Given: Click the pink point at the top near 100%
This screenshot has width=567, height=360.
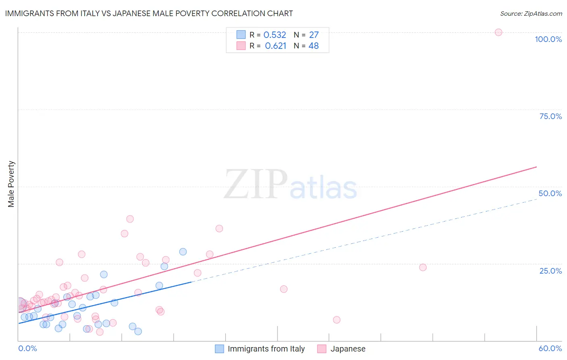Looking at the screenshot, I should click(x=498, y=32).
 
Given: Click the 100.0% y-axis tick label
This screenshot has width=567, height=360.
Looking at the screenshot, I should click(x=548, y=39).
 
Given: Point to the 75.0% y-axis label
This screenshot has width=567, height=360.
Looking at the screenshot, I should click(x=550, y=116).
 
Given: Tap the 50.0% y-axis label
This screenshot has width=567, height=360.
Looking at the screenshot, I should click(x=550, y=193).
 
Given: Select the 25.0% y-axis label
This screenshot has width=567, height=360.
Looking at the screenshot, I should click(x=550, y=271).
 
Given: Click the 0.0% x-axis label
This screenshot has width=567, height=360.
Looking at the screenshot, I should click(x=28, y=348).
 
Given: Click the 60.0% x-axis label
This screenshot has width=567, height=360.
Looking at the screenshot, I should click(x=550, y=348).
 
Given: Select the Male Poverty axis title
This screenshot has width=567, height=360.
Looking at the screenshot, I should click(x=11, y=184).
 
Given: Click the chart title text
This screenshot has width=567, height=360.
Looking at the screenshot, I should click(x=149, y=13).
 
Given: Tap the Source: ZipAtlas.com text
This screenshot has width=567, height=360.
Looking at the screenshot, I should click(x=531, y=13).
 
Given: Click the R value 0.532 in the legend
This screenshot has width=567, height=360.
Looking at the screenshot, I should click(x=275, y=35).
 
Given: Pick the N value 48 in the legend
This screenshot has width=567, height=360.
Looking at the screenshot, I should click(x=313, y=46).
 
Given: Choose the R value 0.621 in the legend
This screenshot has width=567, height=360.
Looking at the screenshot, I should click(x=275, y=46).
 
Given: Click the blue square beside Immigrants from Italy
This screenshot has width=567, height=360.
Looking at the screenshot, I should click(x=219, y=349).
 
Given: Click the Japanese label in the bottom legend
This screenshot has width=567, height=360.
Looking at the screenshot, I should click(x=348, y=349).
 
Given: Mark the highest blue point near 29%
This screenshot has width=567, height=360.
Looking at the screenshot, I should click(x=183, y=252).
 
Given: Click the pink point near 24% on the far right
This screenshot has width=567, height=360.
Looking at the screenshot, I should click(x=423, y=267).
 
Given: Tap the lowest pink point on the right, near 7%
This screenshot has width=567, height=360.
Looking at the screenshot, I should click(x=337, y=320).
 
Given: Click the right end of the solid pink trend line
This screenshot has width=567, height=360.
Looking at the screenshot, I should click(x=536, y=167).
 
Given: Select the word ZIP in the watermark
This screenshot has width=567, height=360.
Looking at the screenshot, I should click(x=256, y=184).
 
